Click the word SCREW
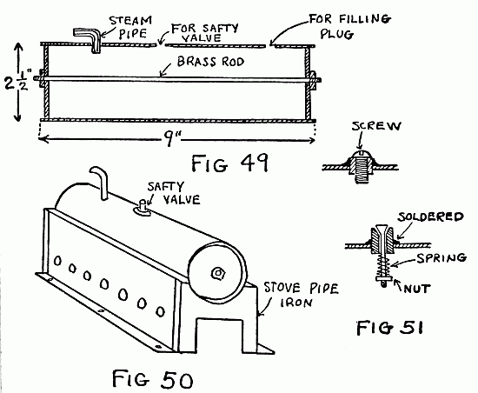tap(368, 129)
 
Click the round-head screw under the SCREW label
tap(357, 159)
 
